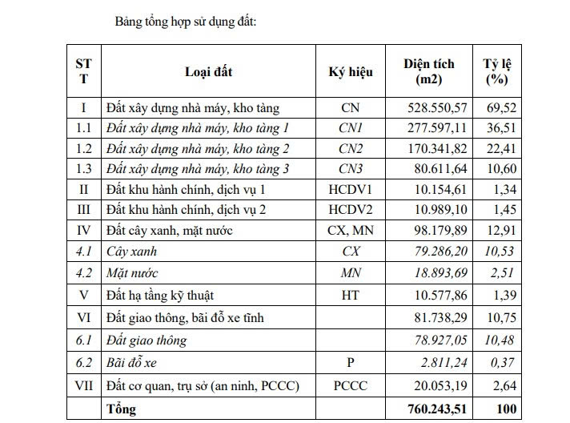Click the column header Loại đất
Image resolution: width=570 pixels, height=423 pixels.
[208, 71]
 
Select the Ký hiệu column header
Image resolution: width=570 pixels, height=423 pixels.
[351, 71]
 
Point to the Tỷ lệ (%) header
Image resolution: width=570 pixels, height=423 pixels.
[497, 71]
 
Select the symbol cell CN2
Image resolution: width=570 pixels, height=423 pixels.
[351, 148]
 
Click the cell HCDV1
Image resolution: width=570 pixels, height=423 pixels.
[351, 190]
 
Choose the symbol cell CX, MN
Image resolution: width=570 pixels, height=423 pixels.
[351, 232]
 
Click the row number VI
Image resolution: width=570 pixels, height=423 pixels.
[83, 318]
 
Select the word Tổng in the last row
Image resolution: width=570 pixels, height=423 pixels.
[121, 409]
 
